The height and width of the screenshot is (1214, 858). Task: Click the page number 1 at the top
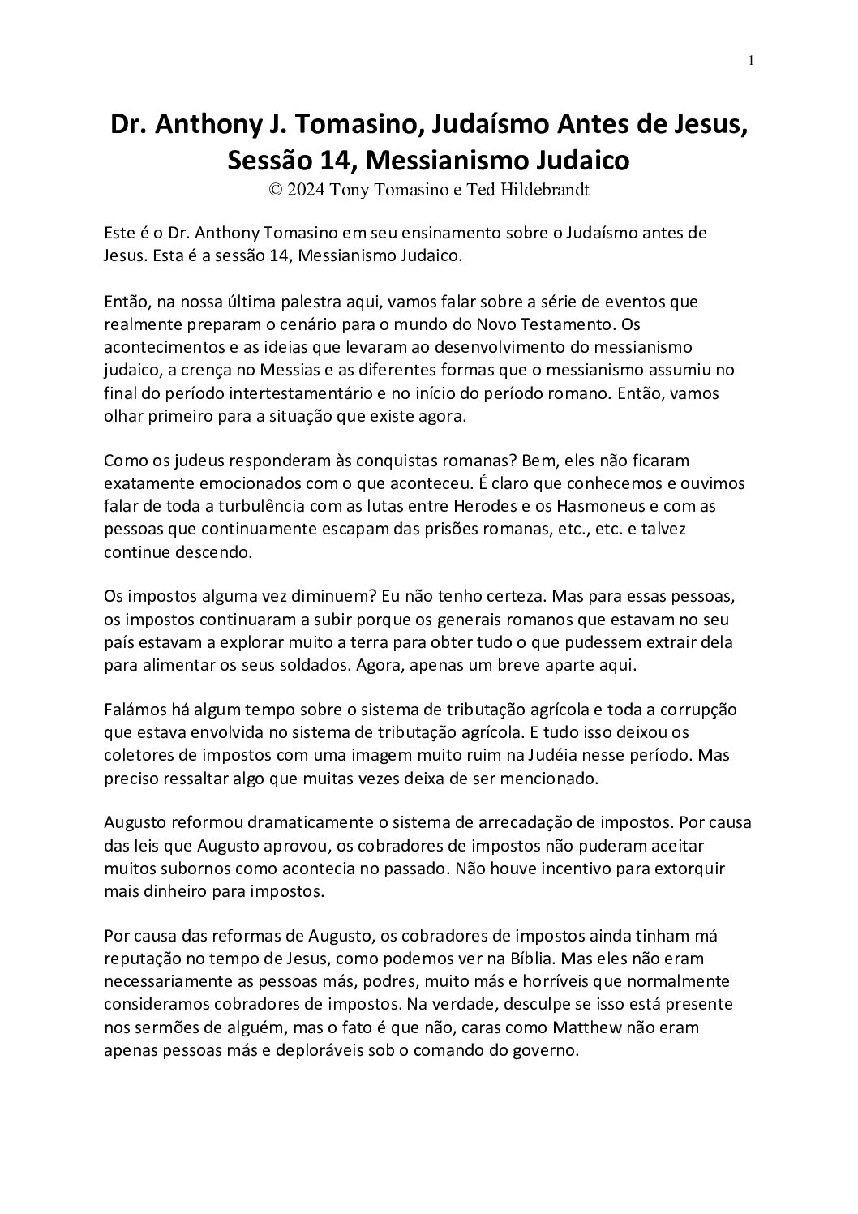point(752,60)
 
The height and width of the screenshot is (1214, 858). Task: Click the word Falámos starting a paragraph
point(135,709)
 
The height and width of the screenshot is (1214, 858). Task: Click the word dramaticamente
point(290,822)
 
